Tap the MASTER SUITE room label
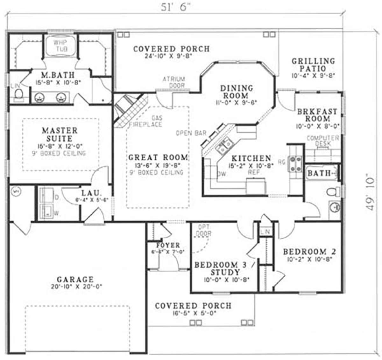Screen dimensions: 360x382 coord(59,135)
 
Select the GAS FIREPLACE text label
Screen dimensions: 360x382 coord(146,121)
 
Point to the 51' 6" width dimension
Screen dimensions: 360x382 coord(175,8)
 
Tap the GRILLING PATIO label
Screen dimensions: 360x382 coord(313,65)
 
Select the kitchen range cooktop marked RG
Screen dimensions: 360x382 coord(295,163)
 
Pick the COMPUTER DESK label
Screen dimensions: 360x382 coord(323,141)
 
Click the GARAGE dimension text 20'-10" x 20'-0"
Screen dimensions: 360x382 coord(75,287)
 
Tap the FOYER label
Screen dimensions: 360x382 coord(168,245)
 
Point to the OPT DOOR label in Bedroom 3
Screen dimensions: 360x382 coord(204,230)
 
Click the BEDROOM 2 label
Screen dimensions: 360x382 coord(309,252)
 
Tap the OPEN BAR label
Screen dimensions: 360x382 coord(191,133)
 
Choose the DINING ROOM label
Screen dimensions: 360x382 coord(237,92)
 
